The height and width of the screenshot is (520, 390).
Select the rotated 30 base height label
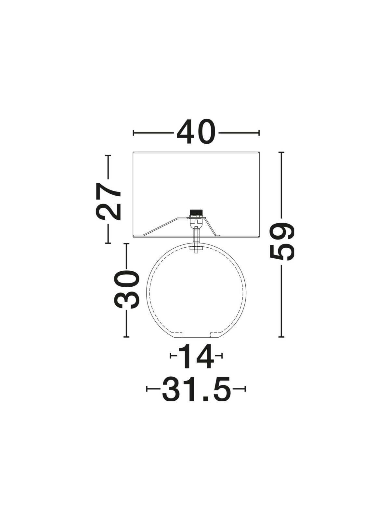pyautogui.click(x=126, y=289)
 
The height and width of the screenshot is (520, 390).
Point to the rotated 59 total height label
pyautogui.click(x=282, y=241)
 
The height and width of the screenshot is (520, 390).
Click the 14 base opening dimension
pyautogui.click(x=196, y=362)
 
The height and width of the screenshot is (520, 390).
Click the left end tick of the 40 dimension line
pyautogui.click(x=134, y=133)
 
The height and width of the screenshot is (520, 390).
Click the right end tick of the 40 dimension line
pyautogui.click(x=259, y=133)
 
